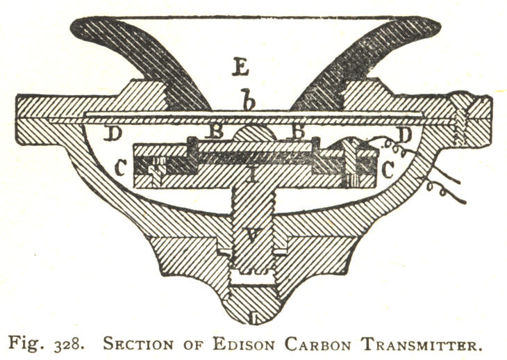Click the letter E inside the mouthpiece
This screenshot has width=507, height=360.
242,68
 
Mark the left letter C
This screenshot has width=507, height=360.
122,168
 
